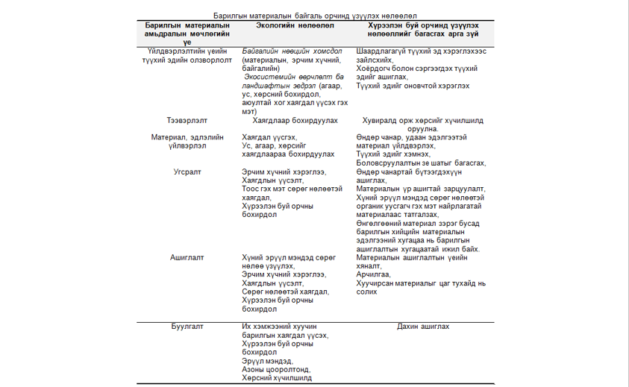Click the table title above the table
tap(314, 15)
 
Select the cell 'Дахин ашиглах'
tap(423, 327)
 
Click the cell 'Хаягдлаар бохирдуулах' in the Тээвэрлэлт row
tap(295, 119)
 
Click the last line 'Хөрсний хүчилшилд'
tap(276, 378)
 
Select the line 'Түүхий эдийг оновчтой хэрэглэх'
tap(413, 86)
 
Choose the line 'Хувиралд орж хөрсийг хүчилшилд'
tap(423, 119)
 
